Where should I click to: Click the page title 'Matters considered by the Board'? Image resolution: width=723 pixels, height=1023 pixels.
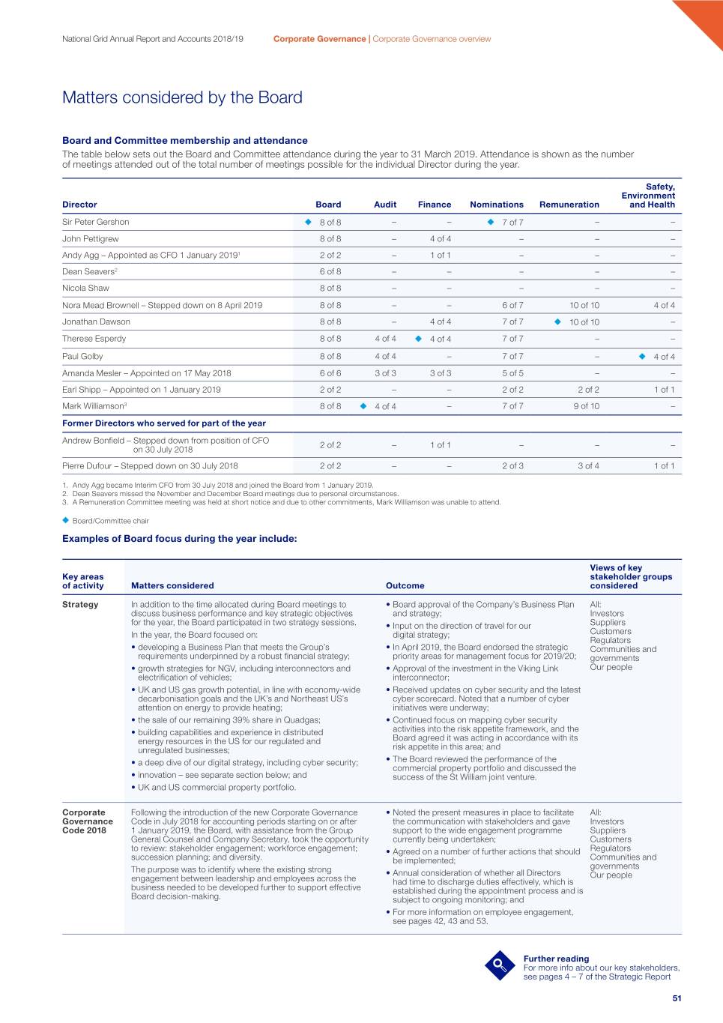pyautogui.click(x=182, y=97)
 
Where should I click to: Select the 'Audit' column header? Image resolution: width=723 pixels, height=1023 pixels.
pyautogui.click(x=385, y=205)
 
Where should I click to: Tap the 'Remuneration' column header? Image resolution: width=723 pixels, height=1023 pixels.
pyautogui.click(x=569, y=205)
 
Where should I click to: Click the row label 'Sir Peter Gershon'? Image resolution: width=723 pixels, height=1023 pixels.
pyautogui.click(x=96, y=222)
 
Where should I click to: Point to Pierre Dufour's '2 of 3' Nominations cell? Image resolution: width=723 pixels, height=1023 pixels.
pyautogui.click(x=512, y=465)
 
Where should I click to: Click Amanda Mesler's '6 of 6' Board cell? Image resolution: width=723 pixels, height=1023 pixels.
pyautogui.click(x=330, y=373)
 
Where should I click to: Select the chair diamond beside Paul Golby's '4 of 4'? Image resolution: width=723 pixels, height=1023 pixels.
pyautogui.click(x=642, y=356)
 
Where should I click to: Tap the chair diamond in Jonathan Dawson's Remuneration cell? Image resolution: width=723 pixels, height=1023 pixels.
pyautogui.click(x=557, y=322)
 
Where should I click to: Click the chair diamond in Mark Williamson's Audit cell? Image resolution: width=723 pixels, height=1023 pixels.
pyautogui.click(x=363, y=406)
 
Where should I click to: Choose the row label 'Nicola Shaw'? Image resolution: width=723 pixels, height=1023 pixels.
pyautogui.click(x=85, y=288)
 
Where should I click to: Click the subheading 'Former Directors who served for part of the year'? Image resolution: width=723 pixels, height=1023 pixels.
pyautogui.click(x=164, y=423)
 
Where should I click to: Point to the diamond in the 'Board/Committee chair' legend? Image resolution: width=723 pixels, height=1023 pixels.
pyautogui.click(x=66, y=520)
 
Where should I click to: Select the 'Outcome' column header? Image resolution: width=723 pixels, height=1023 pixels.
pyautogui.click(x=405, y=586)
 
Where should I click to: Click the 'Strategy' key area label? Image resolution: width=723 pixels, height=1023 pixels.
pyautogui.click(x=80, y=605)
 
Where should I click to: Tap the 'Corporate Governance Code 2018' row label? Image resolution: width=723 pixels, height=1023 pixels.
pyautogui.click(x=87, y=821)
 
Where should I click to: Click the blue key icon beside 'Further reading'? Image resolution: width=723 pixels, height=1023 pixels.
pyautogui.click(x=500, y=965)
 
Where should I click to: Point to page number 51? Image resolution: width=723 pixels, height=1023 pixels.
pyautogui.click(x=677, y=998)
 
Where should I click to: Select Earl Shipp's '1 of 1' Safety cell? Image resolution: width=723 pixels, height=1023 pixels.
pyautogui.click(x=664, y=390)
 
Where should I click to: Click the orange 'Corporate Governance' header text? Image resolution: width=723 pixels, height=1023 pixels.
pyautogui.click(x=319, y=39)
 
